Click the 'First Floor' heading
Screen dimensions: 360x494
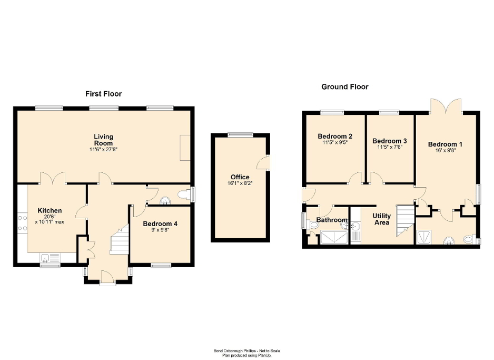[103, 94]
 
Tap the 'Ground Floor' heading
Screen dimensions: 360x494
[345, 87]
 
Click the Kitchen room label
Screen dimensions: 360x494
[50, 211]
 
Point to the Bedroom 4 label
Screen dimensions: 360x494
[160, 224]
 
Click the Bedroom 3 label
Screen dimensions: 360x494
[390, 141]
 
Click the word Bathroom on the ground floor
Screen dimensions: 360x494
[332, 220]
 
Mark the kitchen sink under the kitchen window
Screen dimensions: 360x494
[51, 258]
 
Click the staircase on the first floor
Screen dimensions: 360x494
[120, 241]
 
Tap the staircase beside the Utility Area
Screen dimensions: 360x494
[404, 219]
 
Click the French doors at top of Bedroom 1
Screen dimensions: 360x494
[446, 106]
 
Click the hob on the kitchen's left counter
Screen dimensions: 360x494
[23, 223]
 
